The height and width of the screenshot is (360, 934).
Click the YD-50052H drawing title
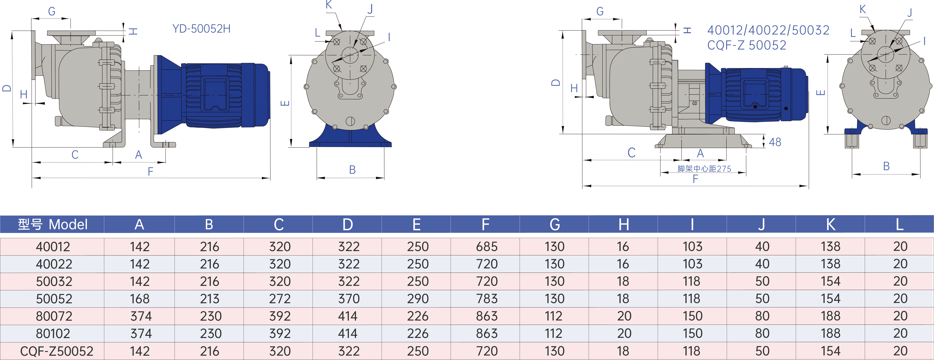201,29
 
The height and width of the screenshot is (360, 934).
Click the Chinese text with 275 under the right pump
704,169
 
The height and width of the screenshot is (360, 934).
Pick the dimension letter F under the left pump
150,172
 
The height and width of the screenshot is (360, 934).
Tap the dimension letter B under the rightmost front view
886,166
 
